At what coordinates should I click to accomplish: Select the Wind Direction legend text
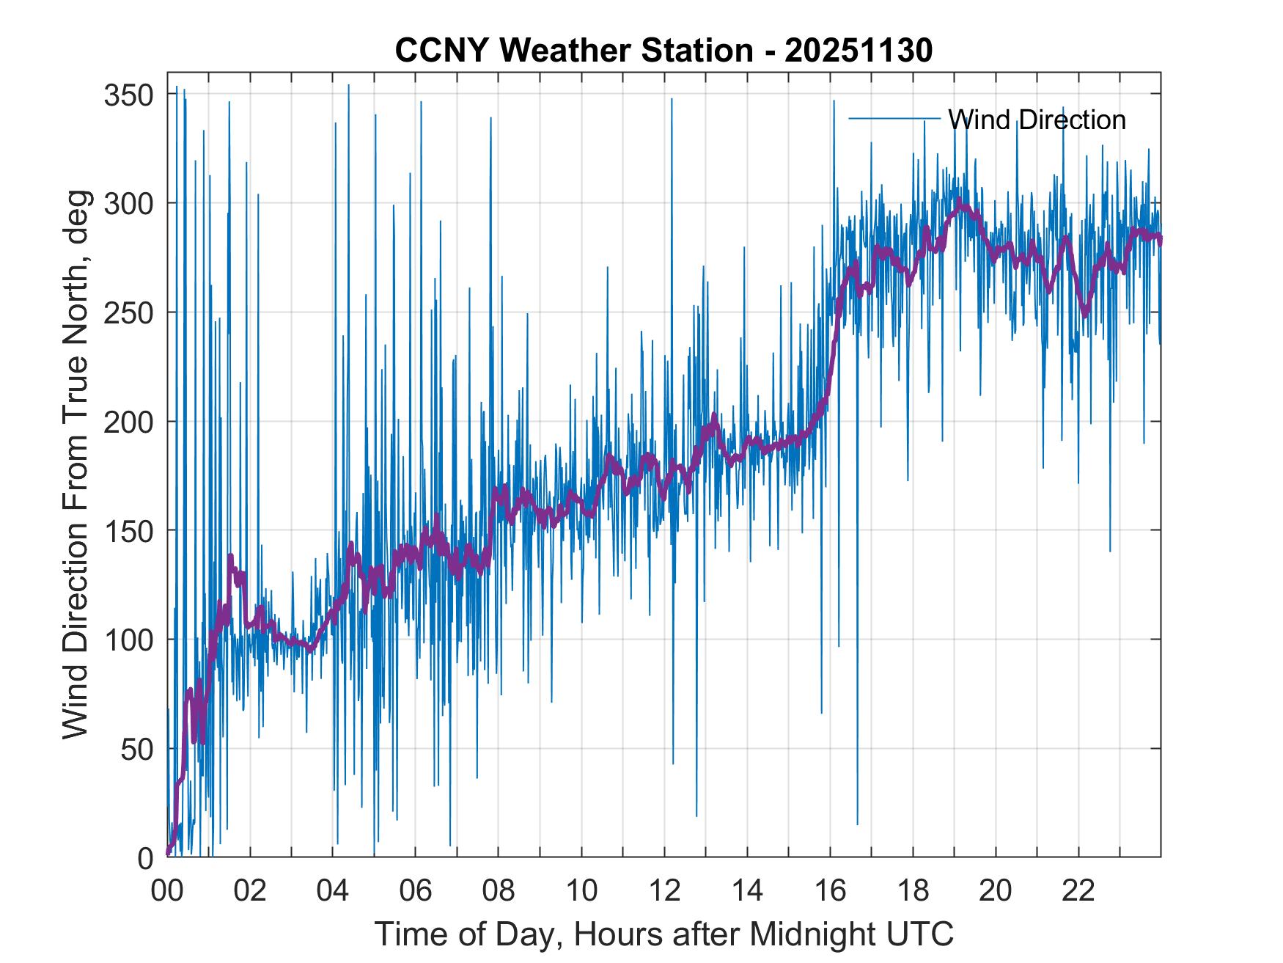[1036, 119]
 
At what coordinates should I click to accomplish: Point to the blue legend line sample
[894, 118]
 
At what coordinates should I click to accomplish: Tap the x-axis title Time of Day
[664, 934]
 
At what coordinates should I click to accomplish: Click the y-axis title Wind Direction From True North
[76, 464]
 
